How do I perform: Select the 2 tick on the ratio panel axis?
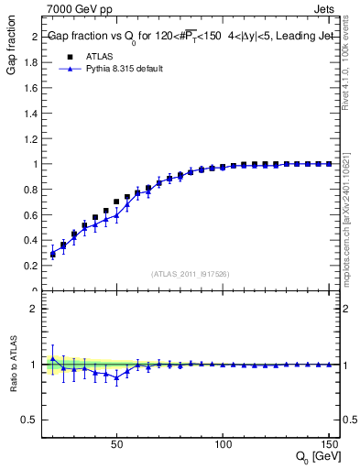(x=35, y=309)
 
